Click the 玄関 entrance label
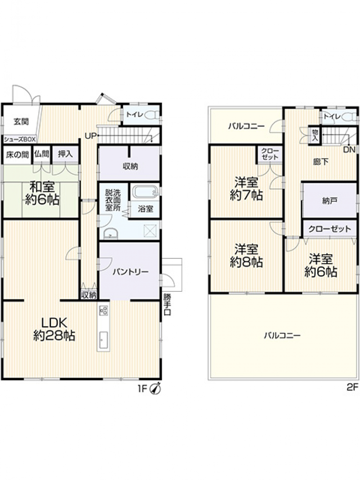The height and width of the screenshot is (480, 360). (21, 122)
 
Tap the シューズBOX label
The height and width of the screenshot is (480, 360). (20, 139)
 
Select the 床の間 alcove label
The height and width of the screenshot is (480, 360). (17, 155)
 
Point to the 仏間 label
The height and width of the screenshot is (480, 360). (42, 154)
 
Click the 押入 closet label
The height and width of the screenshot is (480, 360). (65, 154)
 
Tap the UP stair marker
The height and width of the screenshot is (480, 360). (90, 136)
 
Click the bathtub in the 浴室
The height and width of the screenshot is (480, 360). (145, 192)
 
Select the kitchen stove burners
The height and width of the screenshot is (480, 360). (103, 310)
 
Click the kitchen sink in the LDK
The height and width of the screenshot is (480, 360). (103, 340)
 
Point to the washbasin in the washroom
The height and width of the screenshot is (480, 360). (110, 234)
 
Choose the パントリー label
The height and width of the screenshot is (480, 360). (130, 272)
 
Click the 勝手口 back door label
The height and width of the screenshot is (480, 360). (167, 305)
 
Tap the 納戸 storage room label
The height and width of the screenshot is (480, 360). (329, 201)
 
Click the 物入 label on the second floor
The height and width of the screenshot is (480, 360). (315, 136)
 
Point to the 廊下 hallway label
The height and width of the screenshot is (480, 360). (321, 162)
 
